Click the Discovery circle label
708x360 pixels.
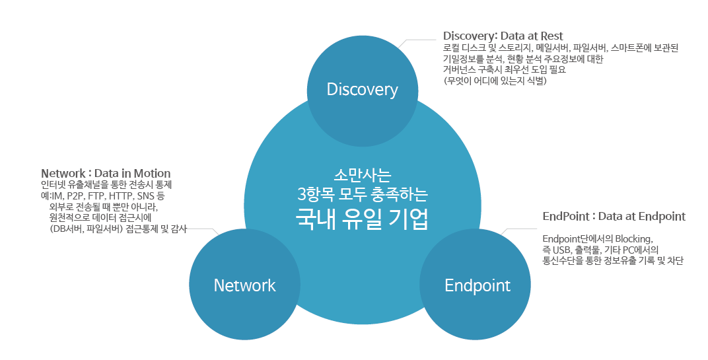362,89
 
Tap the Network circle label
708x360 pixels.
244,285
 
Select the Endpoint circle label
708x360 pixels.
478,286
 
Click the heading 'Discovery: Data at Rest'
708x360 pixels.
503,36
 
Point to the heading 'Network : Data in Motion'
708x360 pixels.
106,174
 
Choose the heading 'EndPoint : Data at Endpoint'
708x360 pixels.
614,217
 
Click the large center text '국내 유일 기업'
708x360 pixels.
362,219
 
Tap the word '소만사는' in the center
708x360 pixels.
363,175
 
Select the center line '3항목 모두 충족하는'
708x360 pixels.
363,195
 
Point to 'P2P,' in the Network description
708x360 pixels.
75,196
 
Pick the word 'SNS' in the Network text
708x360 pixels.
146,196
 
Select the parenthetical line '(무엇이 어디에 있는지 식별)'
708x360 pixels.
495,81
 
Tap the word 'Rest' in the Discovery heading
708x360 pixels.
551,36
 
